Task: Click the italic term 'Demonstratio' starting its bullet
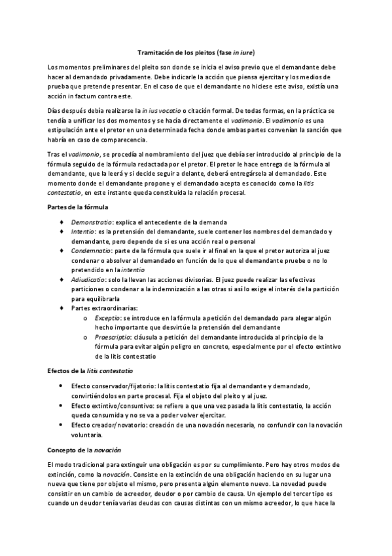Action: pos(88,222)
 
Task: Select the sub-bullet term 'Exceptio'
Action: pos(107,316)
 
